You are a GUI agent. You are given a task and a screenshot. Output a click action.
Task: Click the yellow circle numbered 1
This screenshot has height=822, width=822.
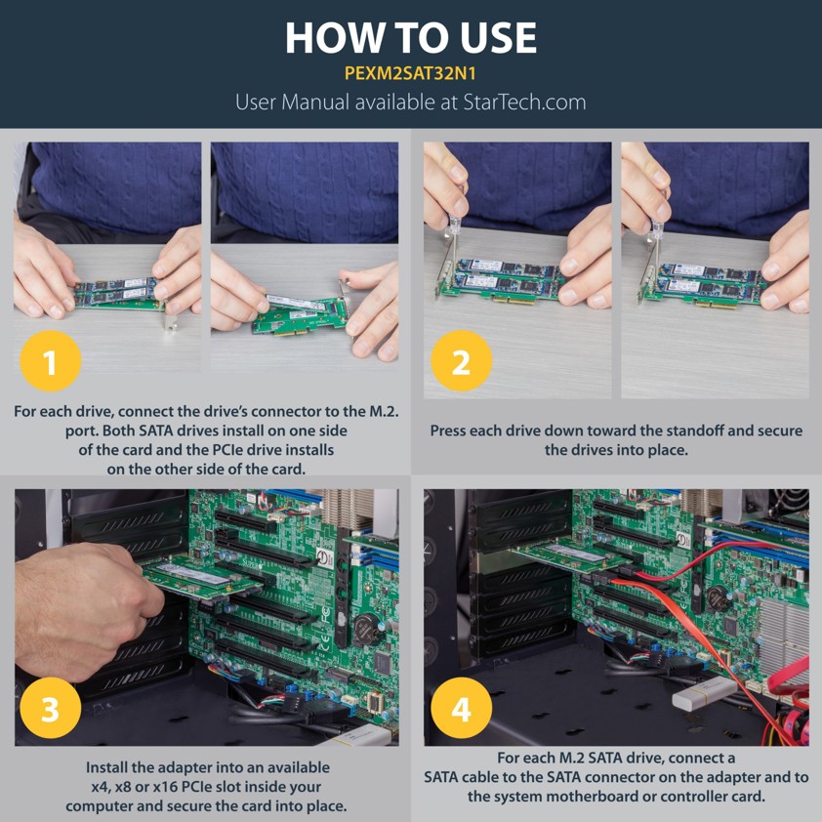click(51, 361)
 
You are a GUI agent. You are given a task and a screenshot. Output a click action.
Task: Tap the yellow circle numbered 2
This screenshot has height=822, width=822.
click(462, 361)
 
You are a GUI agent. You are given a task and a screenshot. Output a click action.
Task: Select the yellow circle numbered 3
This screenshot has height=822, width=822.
click(51, 708)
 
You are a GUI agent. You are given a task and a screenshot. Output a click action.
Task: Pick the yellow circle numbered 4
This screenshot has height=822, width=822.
click(462, 708)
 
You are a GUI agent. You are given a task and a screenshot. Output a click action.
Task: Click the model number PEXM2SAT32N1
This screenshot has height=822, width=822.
click(410, 73)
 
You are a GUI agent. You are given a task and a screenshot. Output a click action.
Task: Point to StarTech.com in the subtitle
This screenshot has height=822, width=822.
click(524, 103)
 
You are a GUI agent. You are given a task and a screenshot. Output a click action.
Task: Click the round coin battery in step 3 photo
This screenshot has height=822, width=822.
click(366, 628)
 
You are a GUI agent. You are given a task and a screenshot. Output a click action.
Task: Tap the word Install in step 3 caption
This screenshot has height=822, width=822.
click(107, 767)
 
